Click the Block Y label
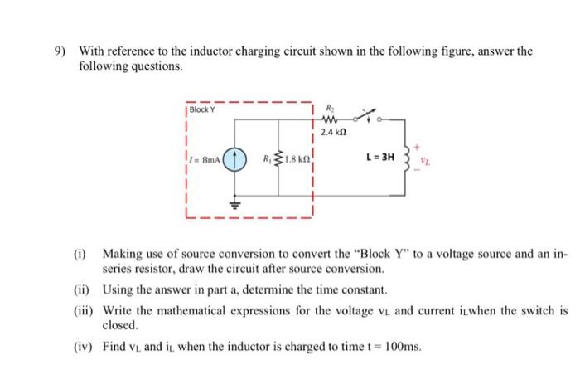(203, 109)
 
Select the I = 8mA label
(204, 157)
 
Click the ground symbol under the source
(234, 202)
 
